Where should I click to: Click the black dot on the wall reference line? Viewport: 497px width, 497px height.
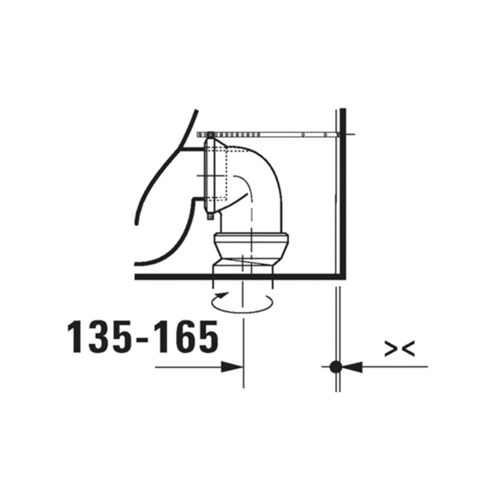tap(336, 367)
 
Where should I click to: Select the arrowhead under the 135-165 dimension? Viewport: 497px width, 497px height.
tap(232, 367)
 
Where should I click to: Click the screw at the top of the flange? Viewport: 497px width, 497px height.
tap(209, 134)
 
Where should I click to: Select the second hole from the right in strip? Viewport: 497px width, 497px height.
tap(303, 135)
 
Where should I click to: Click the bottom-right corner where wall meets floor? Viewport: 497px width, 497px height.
tap(343, 276)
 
